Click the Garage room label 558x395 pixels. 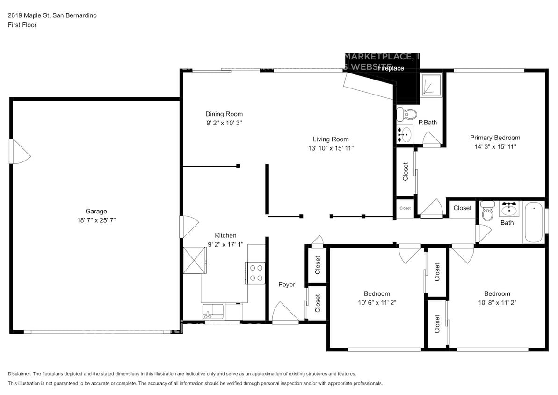(96, 211)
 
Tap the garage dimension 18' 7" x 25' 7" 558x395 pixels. (96, 219)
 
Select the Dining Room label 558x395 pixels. (224, 114)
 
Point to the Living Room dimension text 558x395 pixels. (330, 148)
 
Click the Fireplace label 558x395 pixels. (391, 68)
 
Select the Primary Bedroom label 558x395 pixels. (495, 138)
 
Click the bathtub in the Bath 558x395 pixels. (533, 222)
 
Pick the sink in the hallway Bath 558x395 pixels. (508, 206)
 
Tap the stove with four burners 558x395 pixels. (255, 273)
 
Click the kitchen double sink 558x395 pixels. (213, 310)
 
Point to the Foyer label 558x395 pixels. (287, 284)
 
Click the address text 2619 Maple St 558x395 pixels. (29, 15)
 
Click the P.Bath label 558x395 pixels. (428, 123)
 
